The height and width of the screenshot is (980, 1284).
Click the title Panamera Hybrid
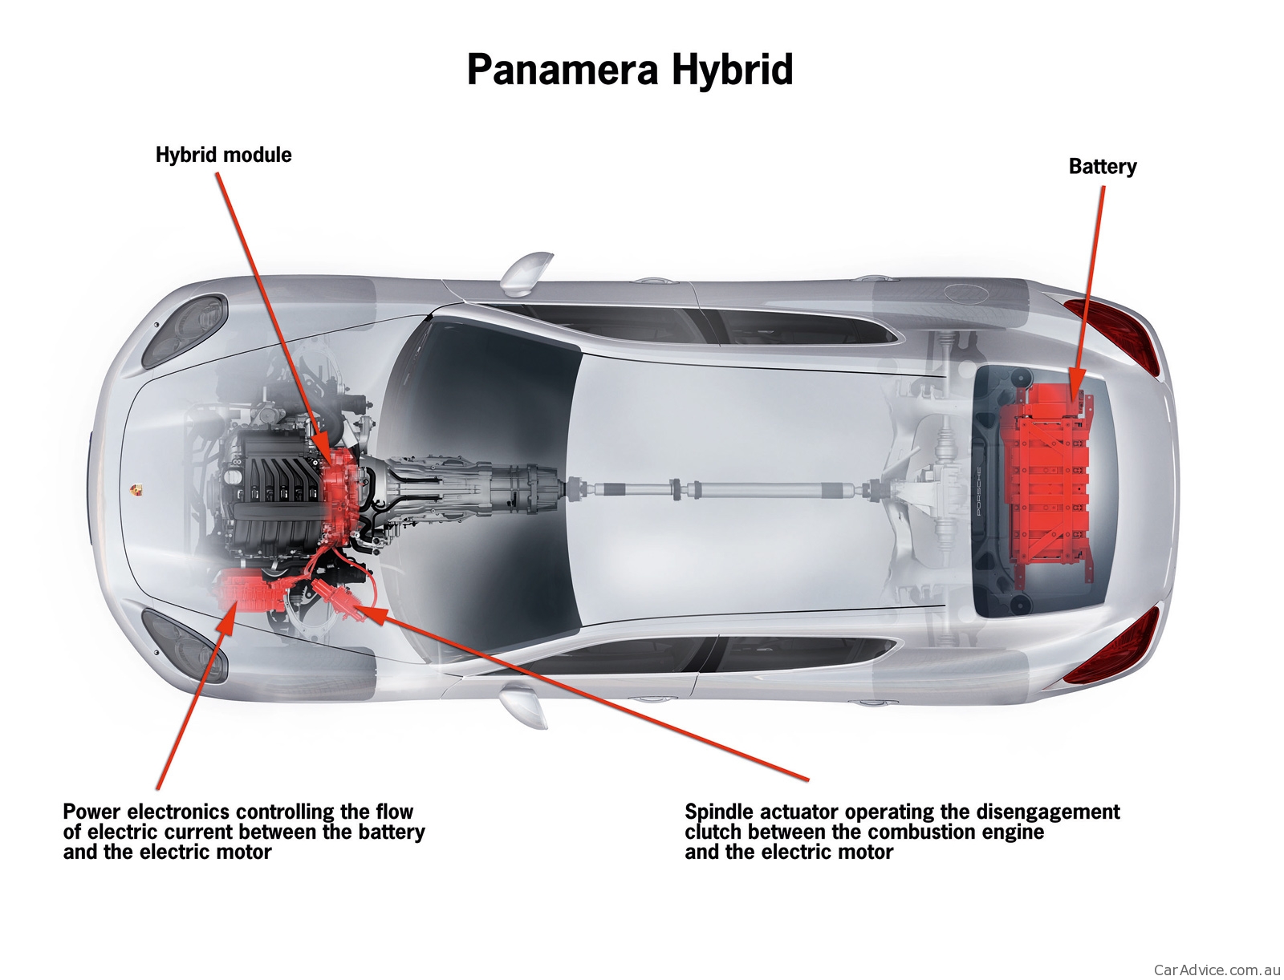click(x=629, y=70)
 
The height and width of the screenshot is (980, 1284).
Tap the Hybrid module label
click(x=223, y=155)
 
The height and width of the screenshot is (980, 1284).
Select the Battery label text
click(x=1102, y=167)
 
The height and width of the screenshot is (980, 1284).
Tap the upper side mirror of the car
click(x=526, y=271)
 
